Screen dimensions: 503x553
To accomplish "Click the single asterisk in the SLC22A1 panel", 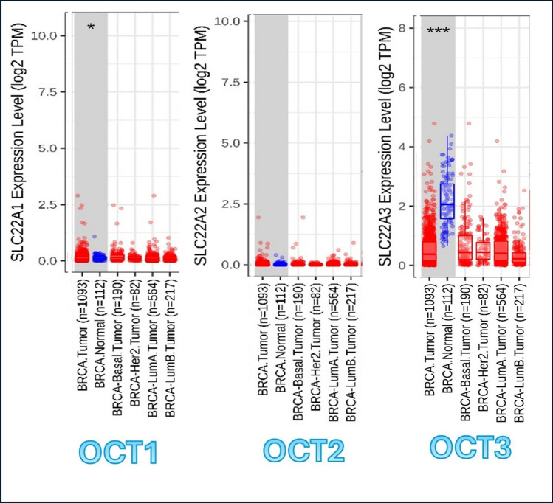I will [91, 28].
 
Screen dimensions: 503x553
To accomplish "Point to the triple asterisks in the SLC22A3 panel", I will [443, 31].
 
